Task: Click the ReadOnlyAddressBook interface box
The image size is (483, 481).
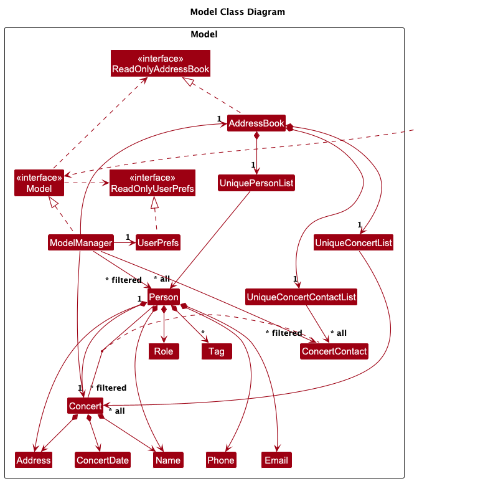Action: tap(161, 64)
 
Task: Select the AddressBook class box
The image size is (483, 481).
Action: tap(256, 123)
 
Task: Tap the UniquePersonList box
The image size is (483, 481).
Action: tap(256, 183)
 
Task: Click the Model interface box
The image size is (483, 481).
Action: tap(39, 183)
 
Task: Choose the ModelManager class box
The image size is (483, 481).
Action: tap(81, 242)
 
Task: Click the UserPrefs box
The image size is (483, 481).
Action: tap(158, 242)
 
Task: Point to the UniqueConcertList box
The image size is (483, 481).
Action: tap(354, 242)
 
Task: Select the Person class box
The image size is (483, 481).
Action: tap(164, 297)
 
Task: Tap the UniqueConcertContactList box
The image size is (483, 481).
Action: tap(302, 297)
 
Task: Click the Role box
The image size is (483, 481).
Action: tap(164, 351)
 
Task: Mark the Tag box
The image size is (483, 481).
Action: tap(217, 351)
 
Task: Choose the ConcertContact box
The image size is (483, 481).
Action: tap(334, 351)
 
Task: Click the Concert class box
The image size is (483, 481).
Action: tap(85, 406)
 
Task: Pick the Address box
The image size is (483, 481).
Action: tap(34, 460)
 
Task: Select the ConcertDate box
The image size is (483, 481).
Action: tap(103, 460)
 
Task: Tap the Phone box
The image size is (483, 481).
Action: tap(221, 460)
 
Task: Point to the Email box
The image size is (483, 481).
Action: tap(276, 460)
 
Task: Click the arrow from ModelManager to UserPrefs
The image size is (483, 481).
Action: tap(124, 242)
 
